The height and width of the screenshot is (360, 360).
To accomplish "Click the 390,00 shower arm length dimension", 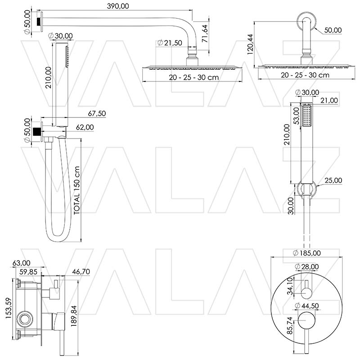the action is click(118, 6).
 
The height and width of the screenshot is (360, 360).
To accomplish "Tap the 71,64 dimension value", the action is click(205, 33).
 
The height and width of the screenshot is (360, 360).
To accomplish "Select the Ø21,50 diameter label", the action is click(170, 43).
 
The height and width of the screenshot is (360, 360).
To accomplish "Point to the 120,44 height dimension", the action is click(250, 44).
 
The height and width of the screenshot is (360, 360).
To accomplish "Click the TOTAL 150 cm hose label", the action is click(76, 190).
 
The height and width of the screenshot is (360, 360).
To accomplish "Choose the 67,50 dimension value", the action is click(97, 113).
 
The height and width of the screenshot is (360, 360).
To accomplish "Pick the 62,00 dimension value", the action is click(85, 127).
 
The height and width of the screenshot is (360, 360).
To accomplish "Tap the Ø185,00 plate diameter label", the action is click(307, 253).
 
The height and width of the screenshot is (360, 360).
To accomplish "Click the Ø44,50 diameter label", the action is click(307, 306).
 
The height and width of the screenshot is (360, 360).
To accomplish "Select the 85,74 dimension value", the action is click(290, 325).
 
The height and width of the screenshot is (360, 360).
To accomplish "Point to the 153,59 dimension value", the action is click(9, 308).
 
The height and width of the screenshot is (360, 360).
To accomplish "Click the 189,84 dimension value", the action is click(74, 316).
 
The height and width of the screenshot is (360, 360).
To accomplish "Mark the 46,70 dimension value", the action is click(81, 272).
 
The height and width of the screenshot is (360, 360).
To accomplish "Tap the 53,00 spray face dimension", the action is click(297, 116).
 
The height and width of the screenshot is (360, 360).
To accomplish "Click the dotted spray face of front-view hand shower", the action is click(307, 116).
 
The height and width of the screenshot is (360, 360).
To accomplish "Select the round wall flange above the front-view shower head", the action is click(306, 21).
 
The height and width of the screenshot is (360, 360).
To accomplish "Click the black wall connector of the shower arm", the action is click(39, 22).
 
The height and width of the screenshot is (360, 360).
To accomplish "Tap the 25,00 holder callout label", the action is click(333, 180).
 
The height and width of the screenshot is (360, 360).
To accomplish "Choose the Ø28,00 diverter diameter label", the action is click(307, 266).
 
